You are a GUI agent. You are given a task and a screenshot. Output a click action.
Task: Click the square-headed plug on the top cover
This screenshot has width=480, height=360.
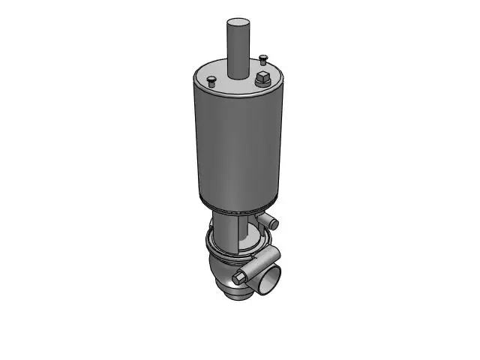pyautogui.click(x=262, y=79)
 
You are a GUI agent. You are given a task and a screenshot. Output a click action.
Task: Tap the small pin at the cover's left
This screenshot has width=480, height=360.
pyautogui.click(x=212, y=79)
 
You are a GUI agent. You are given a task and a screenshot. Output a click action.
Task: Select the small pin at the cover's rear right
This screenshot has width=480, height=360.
pyautogui.click(x=262, y=57)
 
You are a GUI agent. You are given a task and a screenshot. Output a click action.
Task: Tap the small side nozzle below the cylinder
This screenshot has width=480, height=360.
pyautogui.click(x=269, y=220)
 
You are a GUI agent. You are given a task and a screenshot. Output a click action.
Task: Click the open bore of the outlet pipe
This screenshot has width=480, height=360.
pyautogui.click(x=268, y=284)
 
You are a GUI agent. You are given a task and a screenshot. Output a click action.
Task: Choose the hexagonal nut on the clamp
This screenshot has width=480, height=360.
pyautogui.click(x=239, y=278)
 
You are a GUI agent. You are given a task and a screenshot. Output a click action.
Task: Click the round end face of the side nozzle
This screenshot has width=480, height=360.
pyautogui.click(x=275, y=223)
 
